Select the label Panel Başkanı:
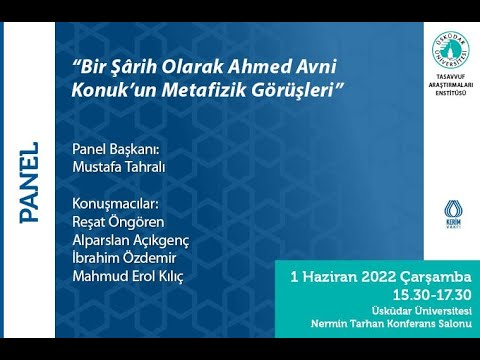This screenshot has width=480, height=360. (117, 149)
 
